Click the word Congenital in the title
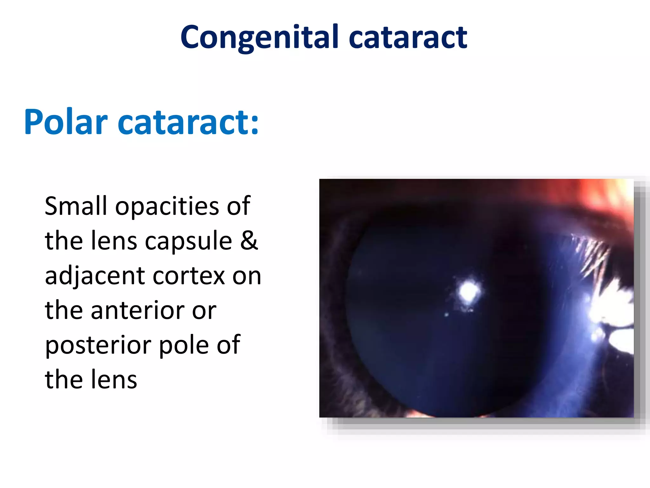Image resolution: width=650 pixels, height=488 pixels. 260,37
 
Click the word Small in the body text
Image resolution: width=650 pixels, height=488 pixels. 76,206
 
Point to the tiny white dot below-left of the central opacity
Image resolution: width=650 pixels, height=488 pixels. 446,315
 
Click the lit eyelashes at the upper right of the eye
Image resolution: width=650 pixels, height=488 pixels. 590,254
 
